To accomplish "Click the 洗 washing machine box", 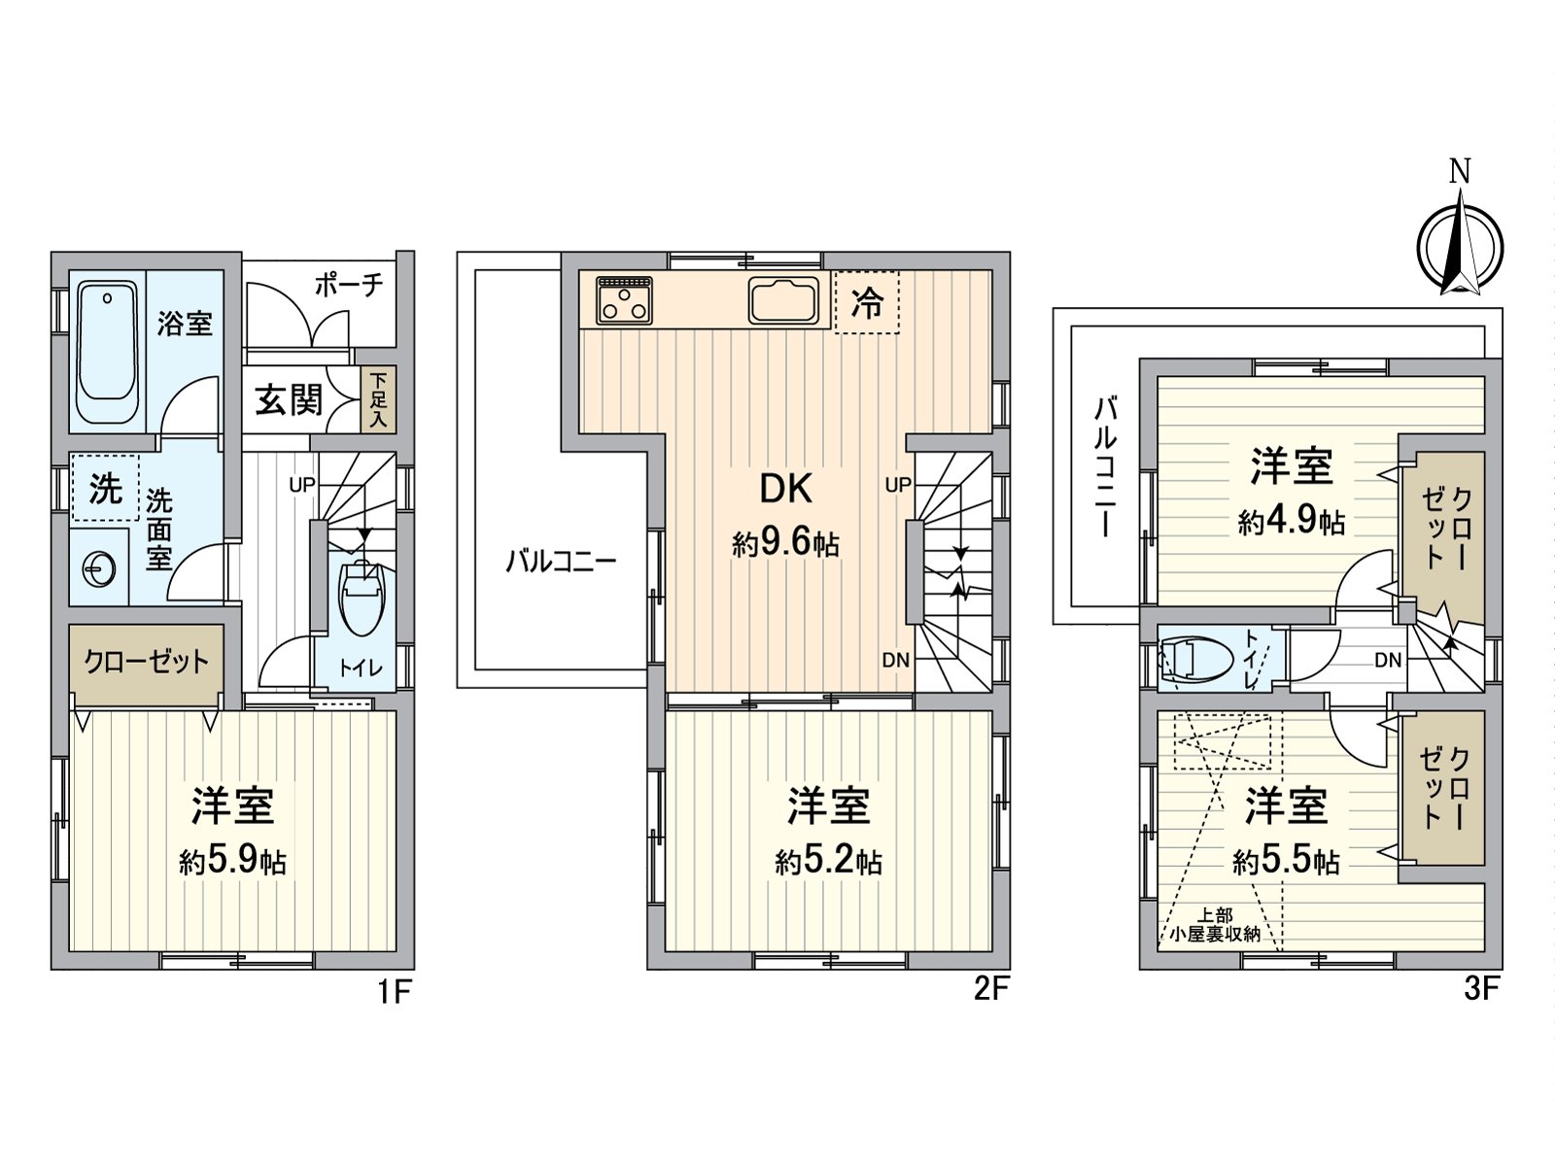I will point(105,489).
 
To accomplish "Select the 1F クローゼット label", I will point(146,663).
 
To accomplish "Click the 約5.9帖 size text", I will point(232,861).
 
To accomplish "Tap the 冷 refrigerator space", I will point(867,302).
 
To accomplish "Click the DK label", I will point(785,489).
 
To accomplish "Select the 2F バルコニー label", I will point(561,562).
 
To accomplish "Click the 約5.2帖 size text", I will point(828,861).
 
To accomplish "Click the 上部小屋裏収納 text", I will point(1215,924).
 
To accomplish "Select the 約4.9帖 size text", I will point(1291,522).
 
